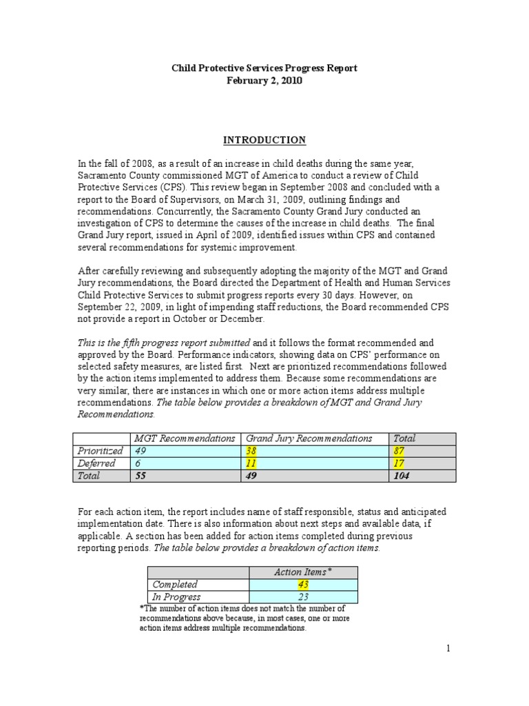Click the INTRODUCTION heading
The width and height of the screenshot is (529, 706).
tap(264, 140)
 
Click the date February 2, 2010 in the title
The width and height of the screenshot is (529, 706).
tap(264, 81)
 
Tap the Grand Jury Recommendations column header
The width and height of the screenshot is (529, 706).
tap(309, 438)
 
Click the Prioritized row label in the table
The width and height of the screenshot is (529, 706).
tap(101, 451)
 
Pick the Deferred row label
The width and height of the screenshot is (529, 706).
tap(96, 463)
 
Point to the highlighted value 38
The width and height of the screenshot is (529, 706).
tap(252, 451)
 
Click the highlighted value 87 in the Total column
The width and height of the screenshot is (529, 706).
tap(398, 451)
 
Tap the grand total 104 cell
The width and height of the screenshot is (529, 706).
tap(400, 476)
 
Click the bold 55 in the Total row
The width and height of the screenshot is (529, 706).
tap(141, 476)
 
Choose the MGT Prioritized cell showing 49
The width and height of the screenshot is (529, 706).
tap(141, 451)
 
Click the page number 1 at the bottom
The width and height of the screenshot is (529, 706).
tap(447, 649)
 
